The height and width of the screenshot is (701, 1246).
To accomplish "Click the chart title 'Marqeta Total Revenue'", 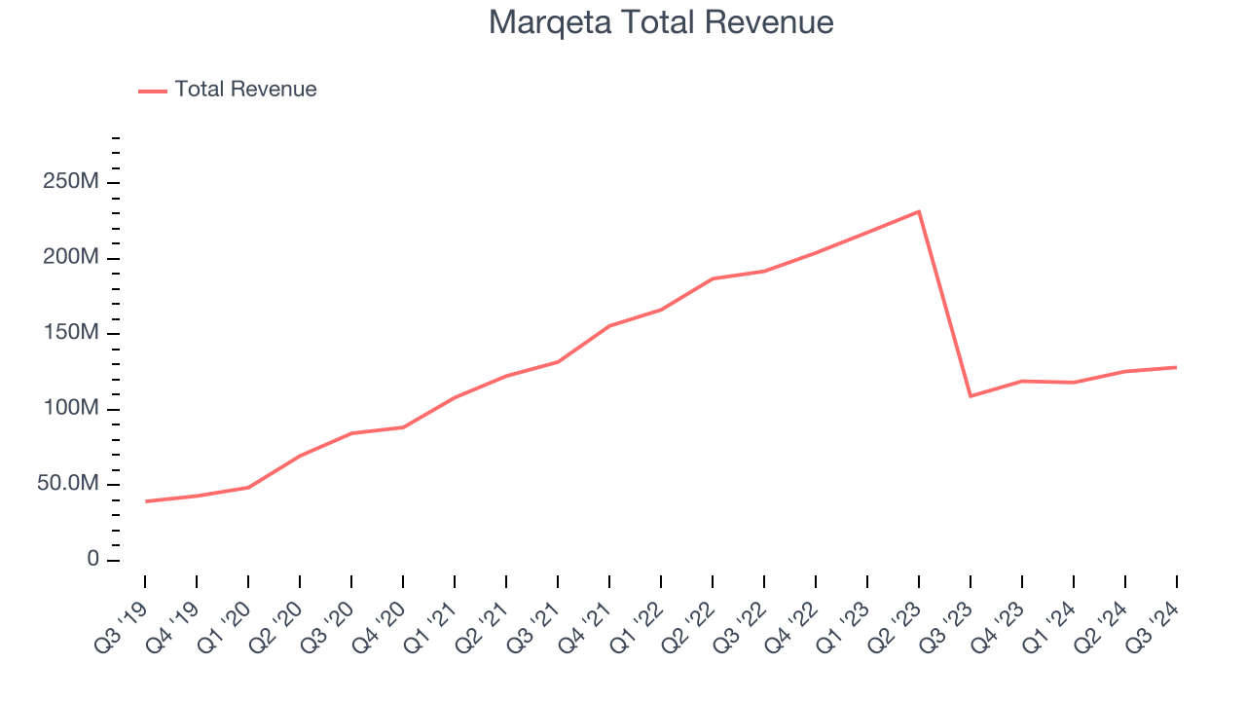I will point(661,22).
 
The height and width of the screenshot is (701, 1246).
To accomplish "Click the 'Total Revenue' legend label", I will point(245,90).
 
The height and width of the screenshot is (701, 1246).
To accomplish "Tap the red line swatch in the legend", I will point(153,91).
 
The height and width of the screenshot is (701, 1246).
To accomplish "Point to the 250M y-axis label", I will point(70,183).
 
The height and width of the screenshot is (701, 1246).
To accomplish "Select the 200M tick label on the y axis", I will point(70,258).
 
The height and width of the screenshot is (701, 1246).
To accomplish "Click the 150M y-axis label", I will point(70,334).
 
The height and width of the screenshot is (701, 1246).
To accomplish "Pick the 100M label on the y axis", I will point(70,409).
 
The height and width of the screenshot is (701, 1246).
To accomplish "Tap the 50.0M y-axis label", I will point(68,485).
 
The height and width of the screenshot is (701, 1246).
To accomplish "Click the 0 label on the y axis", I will point(92,560).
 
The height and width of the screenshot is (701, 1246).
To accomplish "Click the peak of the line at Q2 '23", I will point(919,211).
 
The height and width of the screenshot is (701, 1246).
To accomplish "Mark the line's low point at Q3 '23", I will point(971,396).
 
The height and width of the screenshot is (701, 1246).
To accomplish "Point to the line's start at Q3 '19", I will point(146,501).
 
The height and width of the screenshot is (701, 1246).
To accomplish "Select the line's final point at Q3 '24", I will point(1176,367).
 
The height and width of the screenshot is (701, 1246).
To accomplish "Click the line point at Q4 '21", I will point(609,326).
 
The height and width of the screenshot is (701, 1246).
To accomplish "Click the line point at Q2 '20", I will point(301,455).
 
